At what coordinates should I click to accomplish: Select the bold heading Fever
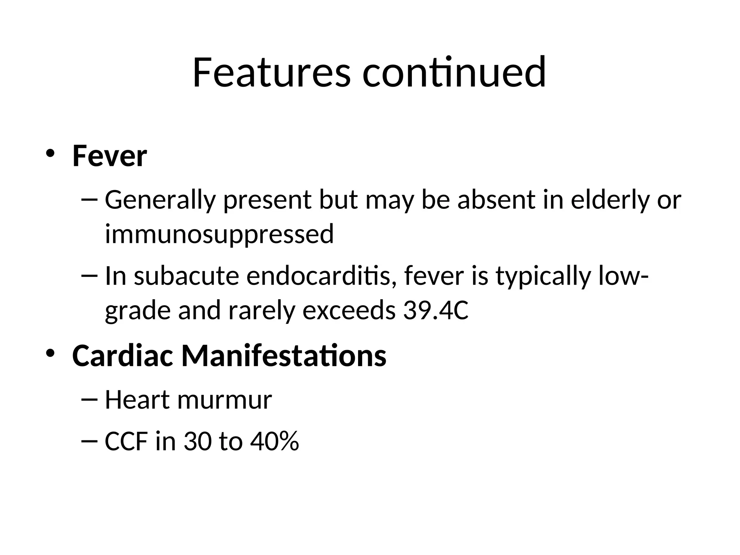click(109, 156)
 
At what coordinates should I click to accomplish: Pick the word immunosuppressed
click(219, 234)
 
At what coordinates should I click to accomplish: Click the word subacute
click(186, 276)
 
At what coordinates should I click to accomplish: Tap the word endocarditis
click(319, 276)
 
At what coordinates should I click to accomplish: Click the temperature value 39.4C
click(436, 310)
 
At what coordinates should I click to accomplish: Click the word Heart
click(137, 400)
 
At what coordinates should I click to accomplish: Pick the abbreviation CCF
click(126, 441)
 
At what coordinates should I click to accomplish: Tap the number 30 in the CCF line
click(197, 441)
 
